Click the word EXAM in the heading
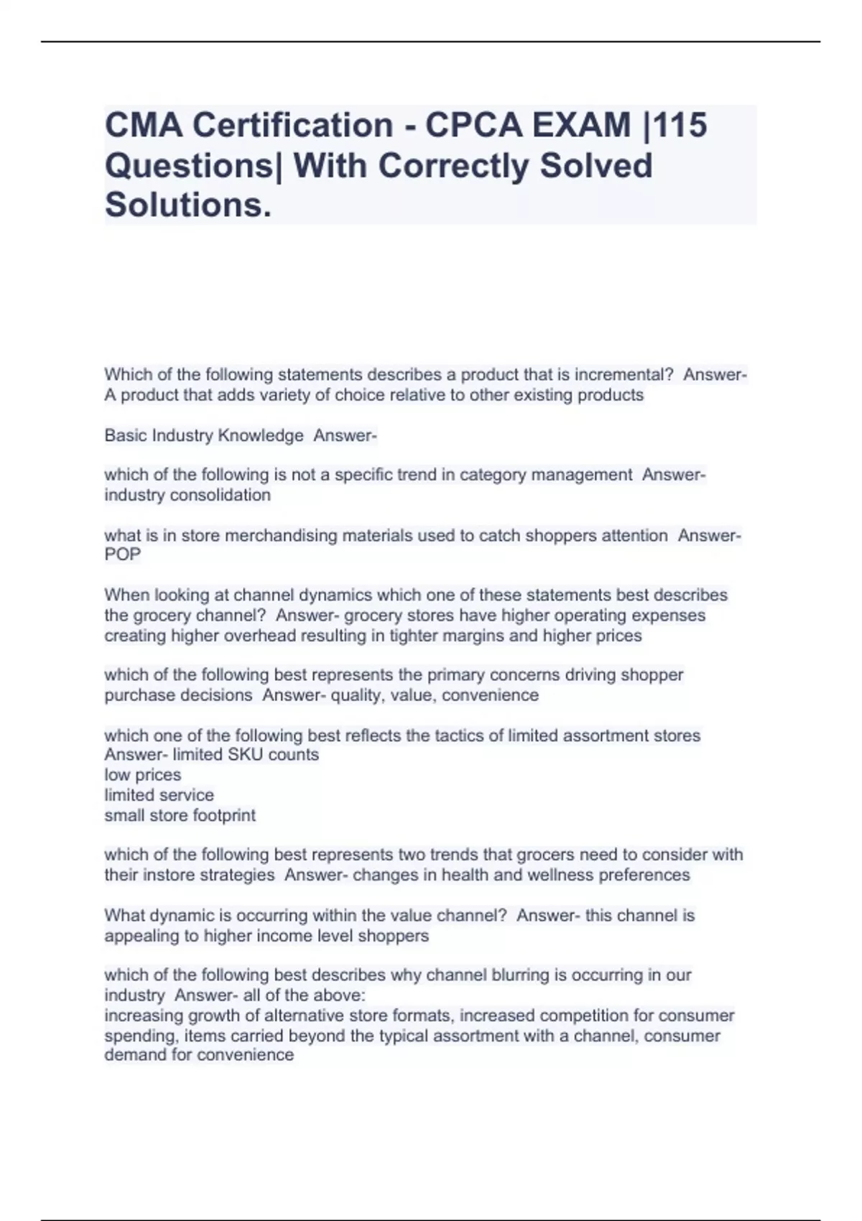tap(581, 125)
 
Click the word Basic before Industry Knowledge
tap(126, 435)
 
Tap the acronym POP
tap(123, 554)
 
